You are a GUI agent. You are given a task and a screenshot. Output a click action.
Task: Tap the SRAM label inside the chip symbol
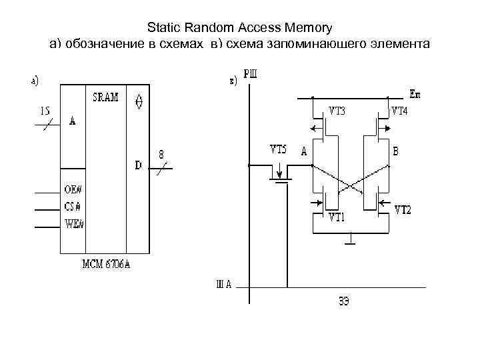pos(106,97)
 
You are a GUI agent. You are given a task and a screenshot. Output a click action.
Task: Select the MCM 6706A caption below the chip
pos(106,263)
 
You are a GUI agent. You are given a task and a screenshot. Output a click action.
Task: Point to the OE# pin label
pos(74,191)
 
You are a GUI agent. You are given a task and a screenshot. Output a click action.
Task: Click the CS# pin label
pos(73,206)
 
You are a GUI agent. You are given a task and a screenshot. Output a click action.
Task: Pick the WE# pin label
pos(74,223)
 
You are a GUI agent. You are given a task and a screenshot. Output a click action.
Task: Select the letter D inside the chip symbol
pos(139,165)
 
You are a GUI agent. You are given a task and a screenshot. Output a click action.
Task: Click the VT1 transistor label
pos(338,217)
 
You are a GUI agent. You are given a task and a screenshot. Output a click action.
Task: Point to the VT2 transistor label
pos(403,210)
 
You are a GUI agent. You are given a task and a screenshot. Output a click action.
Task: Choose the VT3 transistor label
pos(337,111)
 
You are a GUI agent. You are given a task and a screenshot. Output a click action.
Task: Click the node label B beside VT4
pos(396,152)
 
